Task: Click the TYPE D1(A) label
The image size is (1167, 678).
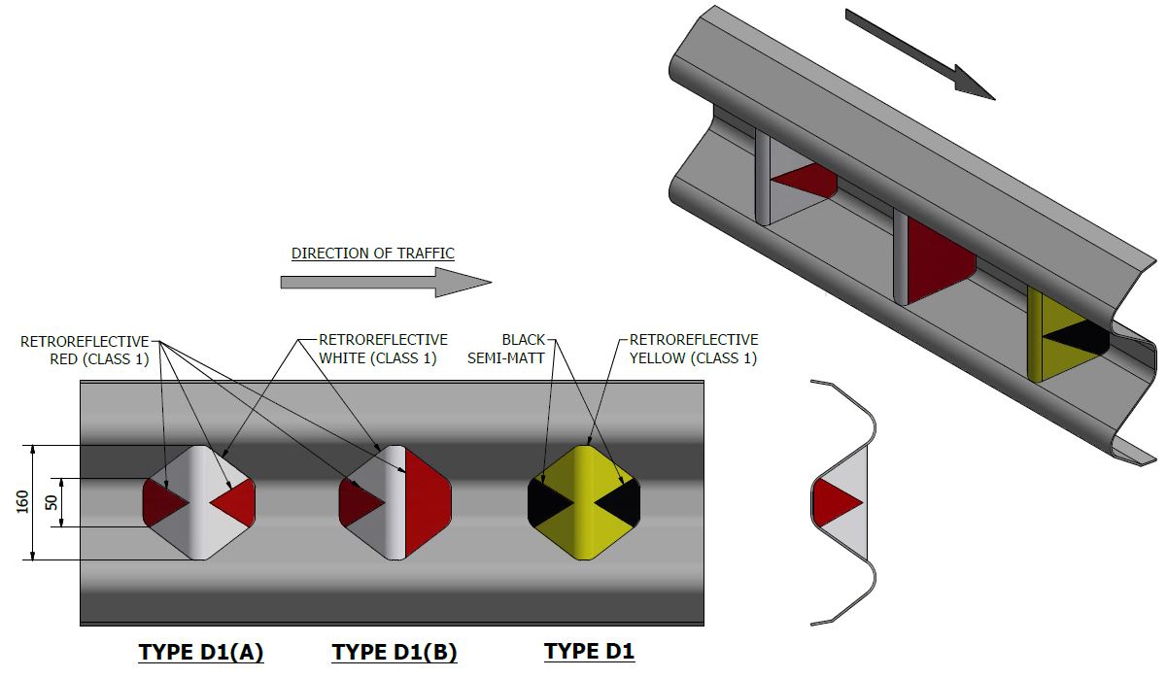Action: click(201, 651)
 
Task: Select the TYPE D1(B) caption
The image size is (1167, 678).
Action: click(395, 651)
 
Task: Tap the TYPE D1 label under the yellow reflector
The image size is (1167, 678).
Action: click(589, 651)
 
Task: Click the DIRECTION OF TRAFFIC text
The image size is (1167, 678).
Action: click(373, 254)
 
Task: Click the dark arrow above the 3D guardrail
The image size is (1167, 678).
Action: click(919, 54)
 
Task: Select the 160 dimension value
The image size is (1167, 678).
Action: click(22, 502)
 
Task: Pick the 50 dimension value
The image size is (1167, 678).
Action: click(51, 502)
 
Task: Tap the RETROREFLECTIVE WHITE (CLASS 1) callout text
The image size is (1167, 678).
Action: click(383, 349)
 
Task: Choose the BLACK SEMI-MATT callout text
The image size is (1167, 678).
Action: click(524, 349)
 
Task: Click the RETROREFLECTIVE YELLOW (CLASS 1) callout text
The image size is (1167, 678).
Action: click(694, 349)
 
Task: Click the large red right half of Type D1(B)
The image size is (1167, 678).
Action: click(426, 502)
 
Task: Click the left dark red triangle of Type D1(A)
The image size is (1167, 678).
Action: click(161, 502)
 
